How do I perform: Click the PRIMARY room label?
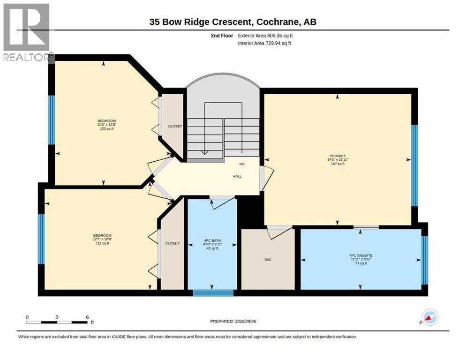click(x=338, y=156)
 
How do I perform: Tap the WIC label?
click(x=268, y=260)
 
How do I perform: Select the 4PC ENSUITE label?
click(x=361, y=255)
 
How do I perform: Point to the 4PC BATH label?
click(x=212, y=240)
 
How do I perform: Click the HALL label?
click(x=237, y=176)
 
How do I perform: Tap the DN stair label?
click(x=242, y=164)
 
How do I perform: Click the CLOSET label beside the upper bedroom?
click(x=175, y=127)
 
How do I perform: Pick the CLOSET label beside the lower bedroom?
click(x=173, y=243)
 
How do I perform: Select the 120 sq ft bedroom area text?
click(x=107, y=128)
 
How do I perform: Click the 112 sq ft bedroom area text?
click(x=102, y=243)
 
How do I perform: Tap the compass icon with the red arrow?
click(x=430, y=318)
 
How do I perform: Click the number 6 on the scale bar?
click(x=87, y=317)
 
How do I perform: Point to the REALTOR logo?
click(x=26, y=32)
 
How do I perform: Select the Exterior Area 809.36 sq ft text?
click(x=265, y=36)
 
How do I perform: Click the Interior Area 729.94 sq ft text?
click(x=264, y=44)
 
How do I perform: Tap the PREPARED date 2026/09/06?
click(x=245, y=322)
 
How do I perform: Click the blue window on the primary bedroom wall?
click(x=414, y=165)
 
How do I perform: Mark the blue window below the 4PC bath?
click(x=213, y=293)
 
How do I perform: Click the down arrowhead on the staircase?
click(x=204, y=152)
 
